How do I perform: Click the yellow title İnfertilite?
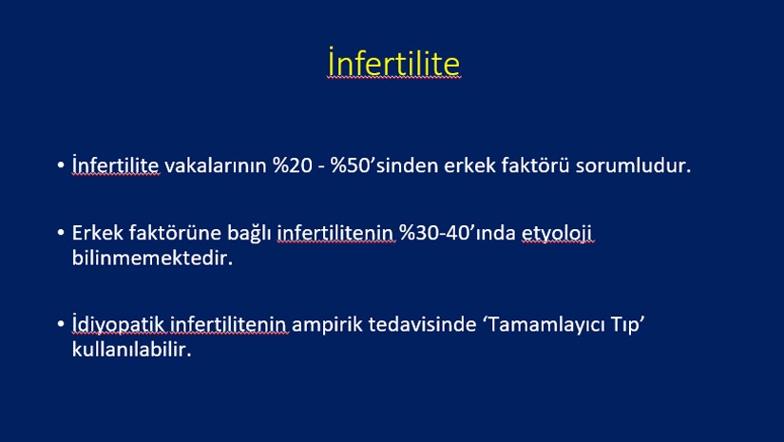point(393,62)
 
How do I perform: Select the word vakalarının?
point(216,165)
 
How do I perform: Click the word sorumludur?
point(633,165)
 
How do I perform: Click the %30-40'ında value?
point(457,233)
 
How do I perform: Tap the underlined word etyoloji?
point(557,234)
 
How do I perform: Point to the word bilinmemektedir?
point(152,258)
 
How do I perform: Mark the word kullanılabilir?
point(131,350)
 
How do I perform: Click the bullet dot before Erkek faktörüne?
point(61,233)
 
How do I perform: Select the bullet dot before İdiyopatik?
point(61,324)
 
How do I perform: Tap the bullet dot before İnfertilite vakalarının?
point(61,164)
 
